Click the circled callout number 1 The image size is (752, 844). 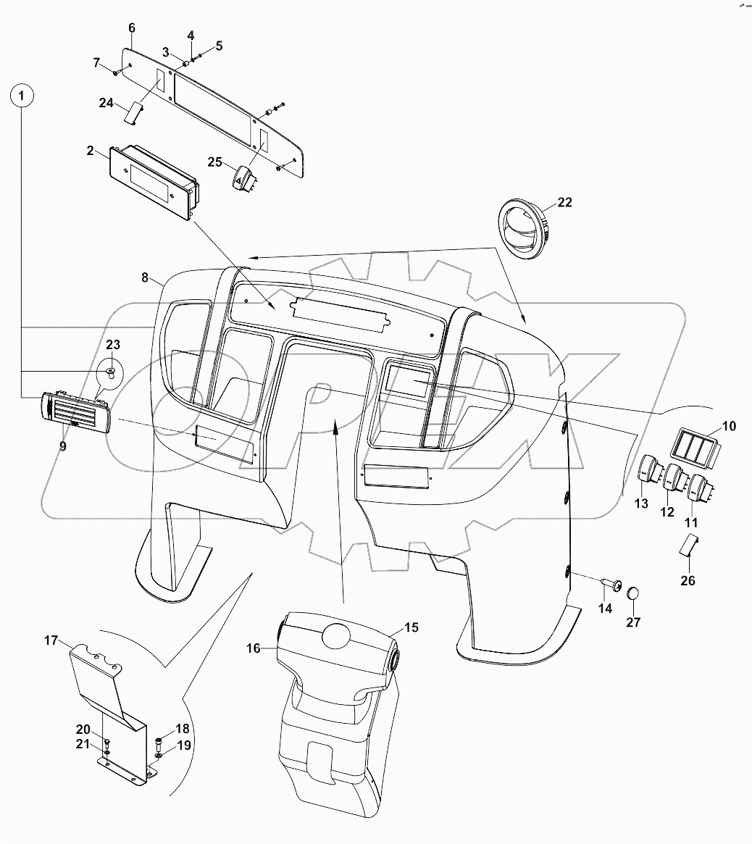(x=22, y=95)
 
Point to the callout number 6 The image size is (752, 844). (x=131, y=28)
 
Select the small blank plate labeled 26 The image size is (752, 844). (x=688, y=546)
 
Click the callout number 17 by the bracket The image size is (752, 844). (x=50, y=640)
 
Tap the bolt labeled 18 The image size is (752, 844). (x=159, y=742)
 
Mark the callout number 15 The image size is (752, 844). (x=411, y=628)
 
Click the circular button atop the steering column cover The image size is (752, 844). (x=335, y=637)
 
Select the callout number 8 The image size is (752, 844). (x=144, y=277)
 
